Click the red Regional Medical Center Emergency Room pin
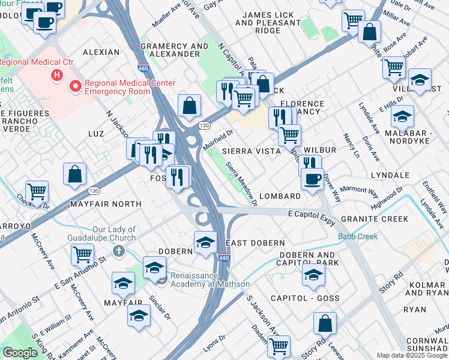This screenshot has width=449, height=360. pos(76,86)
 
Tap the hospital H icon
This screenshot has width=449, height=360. pos(56,76)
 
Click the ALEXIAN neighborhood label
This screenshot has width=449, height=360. pos(101,52)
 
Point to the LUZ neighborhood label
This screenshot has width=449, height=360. pos(97,133)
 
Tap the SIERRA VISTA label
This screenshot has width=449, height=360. pos(252,151)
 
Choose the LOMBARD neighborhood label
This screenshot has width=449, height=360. pos(280,196)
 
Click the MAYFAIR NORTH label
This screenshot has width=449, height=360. pos(106,204)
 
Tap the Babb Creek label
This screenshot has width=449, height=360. pos(358,236)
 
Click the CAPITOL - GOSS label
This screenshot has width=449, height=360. pos(305,298)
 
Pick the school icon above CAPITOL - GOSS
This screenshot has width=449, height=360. pos(313,275)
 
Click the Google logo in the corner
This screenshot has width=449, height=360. pos(20,353)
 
